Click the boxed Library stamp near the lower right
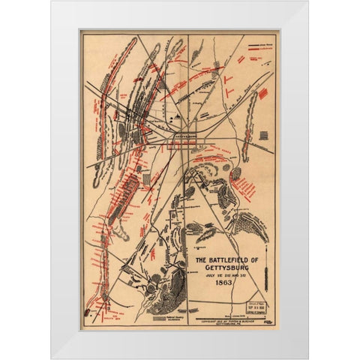(258, 307)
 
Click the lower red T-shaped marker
(251, 76)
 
